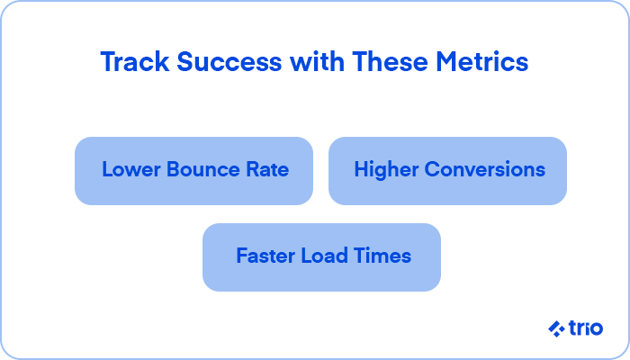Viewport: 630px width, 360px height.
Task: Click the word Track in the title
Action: (135, 62)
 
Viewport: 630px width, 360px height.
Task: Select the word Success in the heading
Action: (229, 62)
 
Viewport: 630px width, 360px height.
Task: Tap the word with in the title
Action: (317, 62)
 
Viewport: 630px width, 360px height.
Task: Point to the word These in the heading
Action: (390, 62)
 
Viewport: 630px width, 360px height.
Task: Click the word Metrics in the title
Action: (482, 62)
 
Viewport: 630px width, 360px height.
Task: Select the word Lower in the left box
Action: (131, 169)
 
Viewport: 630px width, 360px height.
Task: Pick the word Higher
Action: (386, 170)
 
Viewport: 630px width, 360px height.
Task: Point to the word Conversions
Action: (485, 169)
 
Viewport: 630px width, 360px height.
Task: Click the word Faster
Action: (265, 256)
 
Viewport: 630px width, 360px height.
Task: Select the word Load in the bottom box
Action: (324, 256)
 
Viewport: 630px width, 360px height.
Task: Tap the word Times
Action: (382, 256)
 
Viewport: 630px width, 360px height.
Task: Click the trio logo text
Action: (586, 328)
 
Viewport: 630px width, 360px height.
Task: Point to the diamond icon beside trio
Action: (556, 329)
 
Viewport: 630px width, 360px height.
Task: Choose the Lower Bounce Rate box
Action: (193, 171)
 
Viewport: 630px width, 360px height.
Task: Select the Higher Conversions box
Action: (447, 171)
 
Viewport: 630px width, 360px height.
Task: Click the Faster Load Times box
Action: (321, 257)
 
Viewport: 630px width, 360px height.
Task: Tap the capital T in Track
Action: (108, 62)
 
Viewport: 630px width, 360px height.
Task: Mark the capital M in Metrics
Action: (446, 62)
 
